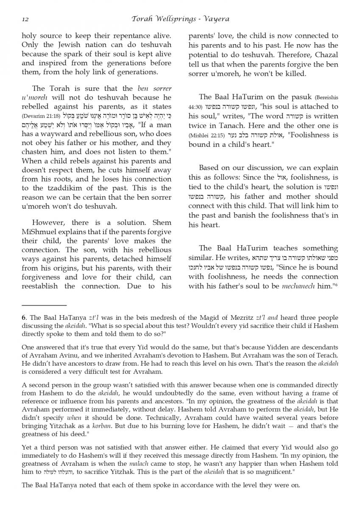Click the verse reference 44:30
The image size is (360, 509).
(x=195, y=107)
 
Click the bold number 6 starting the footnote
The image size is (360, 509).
(x=23, y=318)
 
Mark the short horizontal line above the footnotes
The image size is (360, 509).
(x=44, y=305)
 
